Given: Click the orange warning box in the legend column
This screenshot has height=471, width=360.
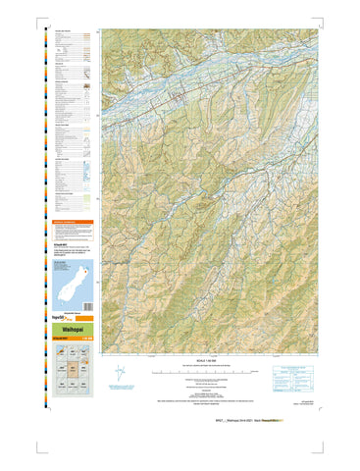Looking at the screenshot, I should (72, 224).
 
